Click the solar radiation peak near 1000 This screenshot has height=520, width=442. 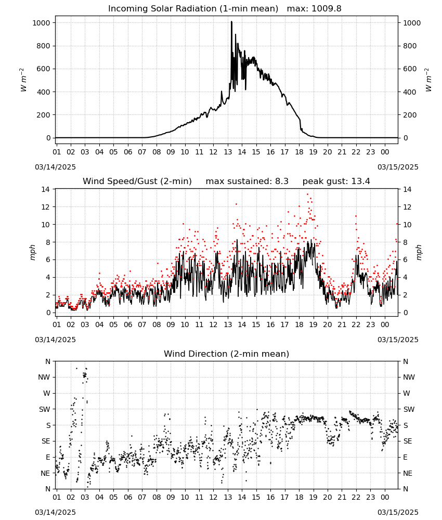pyautogui.click(x=231, y=22)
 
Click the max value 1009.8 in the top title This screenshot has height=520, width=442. pyautogui.click(x=327, y=9)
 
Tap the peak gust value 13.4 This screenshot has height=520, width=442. pyautogui.click(x=360, y=181)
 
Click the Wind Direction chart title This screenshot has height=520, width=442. pyautogui.click(x=227, y=354)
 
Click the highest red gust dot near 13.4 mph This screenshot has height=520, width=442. pyautogui.click(x=307, y=194)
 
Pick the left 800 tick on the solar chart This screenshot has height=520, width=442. pyautogui.click(x=43, y=46)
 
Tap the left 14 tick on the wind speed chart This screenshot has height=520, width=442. pyautogui.click(x=46, y=189)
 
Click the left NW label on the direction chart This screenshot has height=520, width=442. pyautogui.click(x=44, y=377)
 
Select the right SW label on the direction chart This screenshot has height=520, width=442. pyautogui.click(x=409, y=409)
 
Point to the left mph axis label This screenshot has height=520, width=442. pyautogui.click(x=32, y=252)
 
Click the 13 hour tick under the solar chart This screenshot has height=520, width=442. pyautogui.click(x=228, y=152)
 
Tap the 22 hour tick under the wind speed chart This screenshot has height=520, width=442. pyautogui.click(x=356, y=324)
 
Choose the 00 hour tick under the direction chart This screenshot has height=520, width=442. pyautogui.click(x=385, y=497)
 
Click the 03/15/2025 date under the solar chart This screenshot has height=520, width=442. pyautogui.click(x=398, y=167)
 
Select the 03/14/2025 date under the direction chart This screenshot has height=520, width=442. pyautogui.click(x=55, y=512)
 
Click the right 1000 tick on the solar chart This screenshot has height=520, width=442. pyautogui.click(x=412, y=23)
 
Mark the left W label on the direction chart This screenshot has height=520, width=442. pyautogui.click(x=47, y=393)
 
